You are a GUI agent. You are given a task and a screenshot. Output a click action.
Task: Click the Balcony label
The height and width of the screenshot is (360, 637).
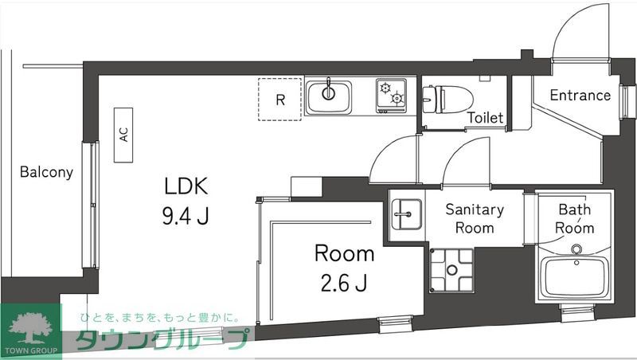click(x=46, y=171)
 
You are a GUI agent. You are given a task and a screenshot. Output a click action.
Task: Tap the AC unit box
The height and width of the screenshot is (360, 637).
click(x=124, y=135)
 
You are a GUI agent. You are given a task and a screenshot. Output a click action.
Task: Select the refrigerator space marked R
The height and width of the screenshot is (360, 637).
click(x=279, y=100)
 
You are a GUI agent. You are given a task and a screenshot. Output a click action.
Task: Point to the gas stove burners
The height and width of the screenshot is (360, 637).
click(x=392, y=96)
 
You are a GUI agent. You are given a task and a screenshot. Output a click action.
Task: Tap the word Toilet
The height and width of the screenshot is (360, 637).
click(x=485, y=118)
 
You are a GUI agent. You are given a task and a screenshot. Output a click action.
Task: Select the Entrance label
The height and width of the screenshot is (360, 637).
click(x=580, y=96)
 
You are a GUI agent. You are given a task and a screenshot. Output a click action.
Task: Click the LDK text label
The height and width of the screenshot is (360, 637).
click(x=186, y=188)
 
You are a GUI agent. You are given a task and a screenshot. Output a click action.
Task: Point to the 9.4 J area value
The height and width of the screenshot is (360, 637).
click(x=186, y=216)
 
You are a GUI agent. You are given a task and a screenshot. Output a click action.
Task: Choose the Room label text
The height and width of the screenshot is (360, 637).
click(x=344, y=254)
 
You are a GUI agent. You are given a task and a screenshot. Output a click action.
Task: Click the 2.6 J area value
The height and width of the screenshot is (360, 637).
click(x=344, y=282)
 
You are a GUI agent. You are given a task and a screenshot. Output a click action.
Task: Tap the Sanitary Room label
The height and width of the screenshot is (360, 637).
click(x=474, y=219)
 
